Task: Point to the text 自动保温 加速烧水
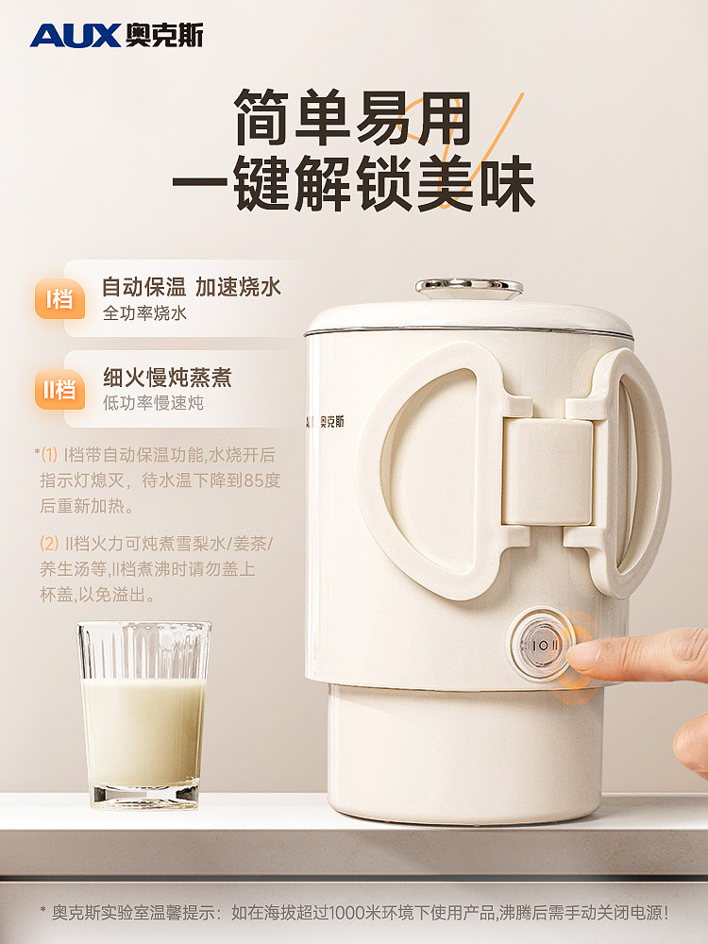(192, 287)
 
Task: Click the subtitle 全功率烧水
(144, 313)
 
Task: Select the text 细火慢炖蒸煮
(167, 378)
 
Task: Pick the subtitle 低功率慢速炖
(153, 403)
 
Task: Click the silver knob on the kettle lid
(469, 285)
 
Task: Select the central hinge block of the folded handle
(548, 471)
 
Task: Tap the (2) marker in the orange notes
(49, 544)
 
